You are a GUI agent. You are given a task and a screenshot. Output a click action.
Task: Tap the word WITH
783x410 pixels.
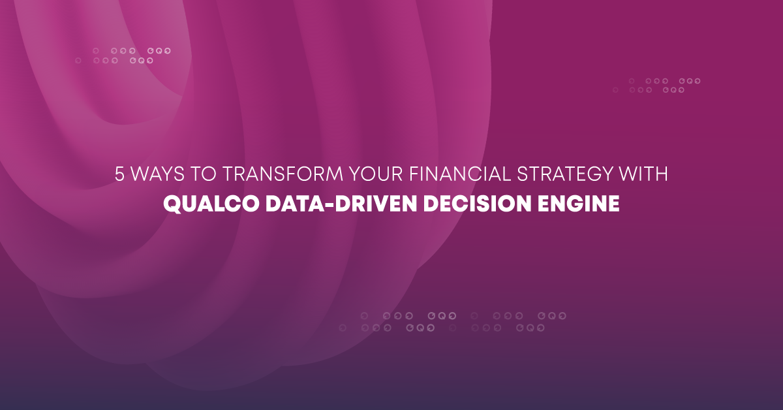(x=649, y=175)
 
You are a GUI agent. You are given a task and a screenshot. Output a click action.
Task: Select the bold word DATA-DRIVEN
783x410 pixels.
(x=326, y=203)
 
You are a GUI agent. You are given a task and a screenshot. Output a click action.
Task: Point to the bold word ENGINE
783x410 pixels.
(x=581, y=203)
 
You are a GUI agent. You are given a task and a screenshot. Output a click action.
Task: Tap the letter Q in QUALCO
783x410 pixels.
(x=172, y=203)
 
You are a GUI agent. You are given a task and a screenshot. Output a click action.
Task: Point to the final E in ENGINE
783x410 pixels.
(x=613, y=203)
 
